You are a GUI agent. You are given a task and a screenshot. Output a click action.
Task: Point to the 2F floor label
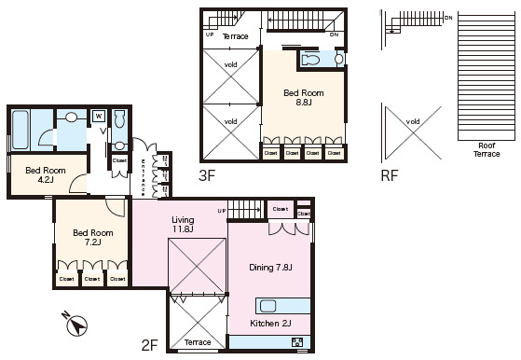point(149,345)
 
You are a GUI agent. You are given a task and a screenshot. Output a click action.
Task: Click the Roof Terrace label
point(487,151)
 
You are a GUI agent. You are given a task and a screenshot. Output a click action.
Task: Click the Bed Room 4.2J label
point(45,175)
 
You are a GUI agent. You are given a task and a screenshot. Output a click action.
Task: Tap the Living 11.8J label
point(182,224)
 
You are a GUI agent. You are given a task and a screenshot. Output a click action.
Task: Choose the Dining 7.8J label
point(270,268)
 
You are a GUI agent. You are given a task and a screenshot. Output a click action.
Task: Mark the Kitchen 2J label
point(270,324)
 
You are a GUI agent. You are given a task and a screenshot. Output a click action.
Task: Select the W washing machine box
point(97,116)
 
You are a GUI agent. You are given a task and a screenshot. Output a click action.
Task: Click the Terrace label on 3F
point(235,35)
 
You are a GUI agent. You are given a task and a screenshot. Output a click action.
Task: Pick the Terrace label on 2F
point(197,343)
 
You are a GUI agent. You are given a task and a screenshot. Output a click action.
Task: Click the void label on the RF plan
point(413,121)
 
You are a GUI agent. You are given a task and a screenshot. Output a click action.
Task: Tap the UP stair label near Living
point(222,212)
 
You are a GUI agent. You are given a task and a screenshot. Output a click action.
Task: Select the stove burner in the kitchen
point(297,341)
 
